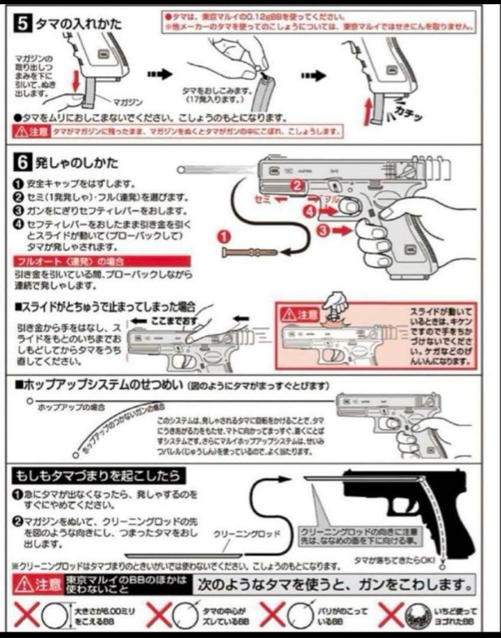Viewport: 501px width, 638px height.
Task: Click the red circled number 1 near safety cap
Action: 224,236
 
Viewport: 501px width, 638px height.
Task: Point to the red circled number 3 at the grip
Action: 323,232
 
